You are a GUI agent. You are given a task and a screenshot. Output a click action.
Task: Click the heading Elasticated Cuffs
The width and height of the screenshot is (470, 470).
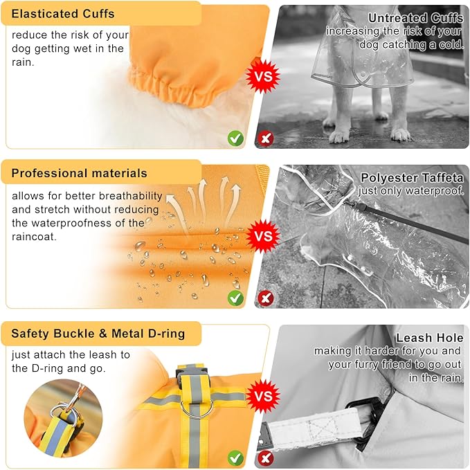click(x=63, y=14)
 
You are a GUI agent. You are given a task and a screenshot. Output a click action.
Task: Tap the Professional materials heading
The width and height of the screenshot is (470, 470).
click(x=80, y=173)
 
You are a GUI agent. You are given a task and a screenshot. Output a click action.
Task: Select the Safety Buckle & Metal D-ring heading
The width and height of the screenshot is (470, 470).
click(x=98, y=334)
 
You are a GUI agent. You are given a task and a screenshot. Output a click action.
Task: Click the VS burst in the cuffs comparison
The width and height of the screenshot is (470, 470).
click(x=263, y=76)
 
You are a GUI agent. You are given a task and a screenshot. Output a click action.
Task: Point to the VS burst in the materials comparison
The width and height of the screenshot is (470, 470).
click(x=263, y=236)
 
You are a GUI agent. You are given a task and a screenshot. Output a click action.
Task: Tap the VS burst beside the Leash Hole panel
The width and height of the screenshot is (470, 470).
click(x=263, y=396)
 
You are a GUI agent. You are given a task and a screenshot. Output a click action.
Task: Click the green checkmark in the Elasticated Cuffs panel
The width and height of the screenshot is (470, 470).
click(x=235, y=138)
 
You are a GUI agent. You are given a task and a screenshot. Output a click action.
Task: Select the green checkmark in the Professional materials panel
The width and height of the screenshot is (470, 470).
click(x=235, y=298)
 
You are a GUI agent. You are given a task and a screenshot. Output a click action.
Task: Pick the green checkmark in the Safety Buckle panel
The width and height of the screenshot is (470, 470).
click(x=235, y=458)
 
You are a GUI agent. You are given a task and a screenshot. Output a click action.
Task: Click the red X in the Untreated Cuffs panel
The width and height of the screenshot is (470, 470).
click(x=266, y=138)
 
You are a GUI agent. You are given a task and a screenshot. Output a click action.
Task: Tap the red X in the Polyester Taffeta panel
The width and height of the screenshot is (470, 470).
click(x=266, y=298)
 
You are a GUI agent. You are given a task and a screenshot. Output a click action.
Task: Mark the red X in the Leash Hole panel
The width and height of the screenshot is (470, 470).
click(x=266, y=458)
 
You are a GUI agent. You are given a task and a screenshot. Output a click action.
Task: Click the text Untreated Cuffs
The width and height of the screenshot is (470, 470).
click(x=416, y=18)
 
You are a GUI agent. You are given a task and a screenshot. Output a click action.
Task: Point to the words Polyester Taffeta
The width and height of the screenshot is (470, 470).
click(x=412, y=178)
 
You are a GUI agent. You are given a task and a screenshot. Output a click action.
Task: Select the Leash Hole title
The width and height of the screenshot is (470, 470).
click(x=430, y=338)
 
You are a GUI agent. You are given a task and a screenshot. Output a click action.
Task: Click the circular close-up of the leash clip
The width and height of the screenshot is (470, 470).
click(x=63, y=419)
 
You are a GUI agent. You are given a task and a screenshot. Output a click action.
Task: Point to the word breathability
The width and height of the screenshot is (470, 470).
click(x=131, y=196)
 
